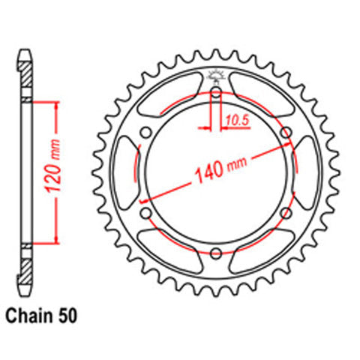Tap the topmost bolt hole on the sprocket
tap(216, 93)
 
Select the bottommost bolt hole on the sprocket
tap(216, 253)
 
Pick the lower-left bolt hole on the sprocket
tap(147, 213)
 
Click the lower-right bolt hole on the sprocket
tap(286, 213)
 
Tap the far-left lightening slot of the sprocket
tap(122, 173)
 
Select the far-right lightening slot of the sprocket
tap(310, 173)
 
